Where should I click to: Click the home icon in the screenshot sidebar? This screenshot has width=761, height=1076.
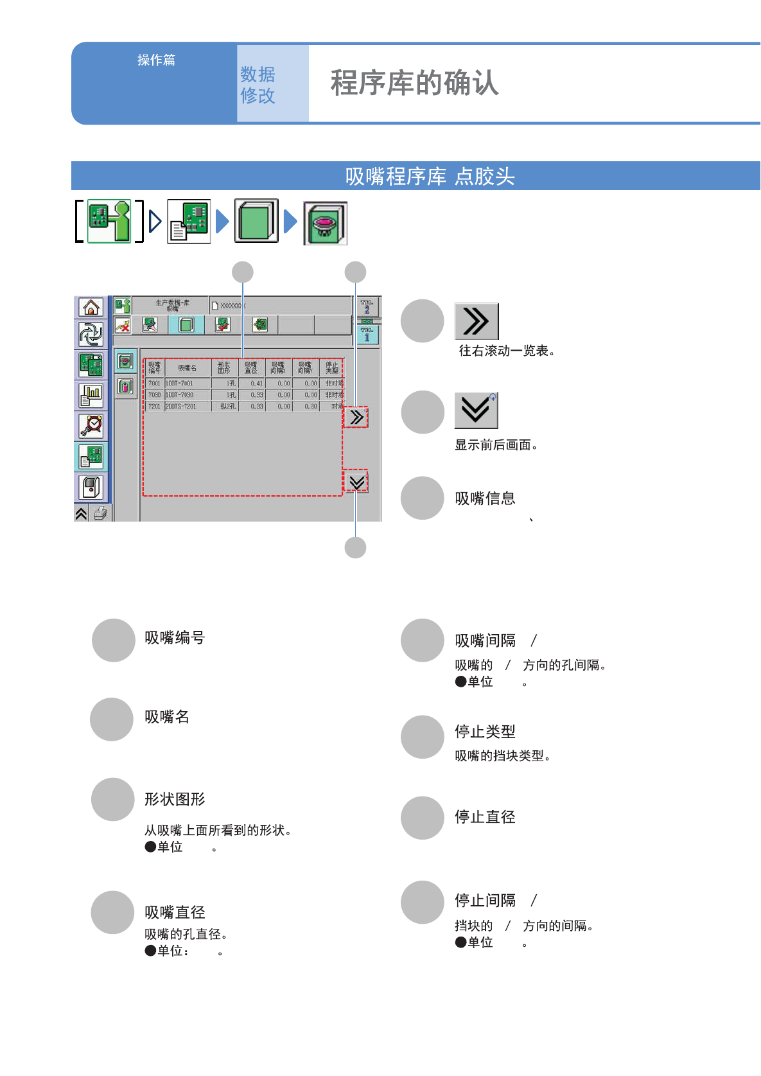(x=91, y=308)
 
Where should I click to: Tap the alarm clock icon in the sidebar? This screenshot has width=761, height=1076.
(x=91, y=426)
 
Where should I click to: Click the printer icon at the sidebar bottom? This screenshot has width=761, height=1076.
(x=101, y=513)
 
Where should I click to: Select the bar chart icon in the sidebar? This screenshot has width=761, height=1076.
(x=91, y=395)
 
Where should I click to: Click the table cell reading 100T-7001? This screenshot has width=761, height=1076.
(x=187, y=384)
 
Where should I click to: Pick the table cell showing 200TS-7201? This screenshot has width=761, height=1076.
(x=187, y=407)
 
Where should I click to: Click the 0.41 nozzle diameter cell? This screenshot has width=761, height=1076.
(x=252, y=384)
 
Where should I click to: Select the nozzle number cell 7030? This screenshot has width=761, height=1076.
(x=154, y=395)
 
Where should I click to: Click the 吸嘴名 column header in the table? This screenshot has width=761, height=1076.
(x=187, y=368)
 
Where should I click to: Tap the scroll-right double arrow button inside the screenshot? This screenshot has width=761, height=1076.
(x=356, y=418)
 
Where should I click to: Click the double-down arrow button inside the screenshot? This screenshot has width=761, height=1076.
(x=356, y=482)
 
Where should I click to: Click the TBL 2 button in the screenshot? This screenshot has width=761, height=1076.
(x=367, y=306)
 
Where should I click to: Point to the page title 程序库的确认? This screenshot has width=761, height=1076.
(x=414, y=83)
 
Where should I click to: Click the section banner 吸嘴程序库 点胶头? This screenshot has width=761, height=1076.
(x=430, y=176)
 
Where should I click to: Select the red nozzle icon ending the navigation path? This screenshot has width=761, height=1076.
(x=325, y=223)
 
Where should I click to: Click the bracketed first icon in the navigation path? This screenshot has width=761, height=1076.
(x=109, y=221)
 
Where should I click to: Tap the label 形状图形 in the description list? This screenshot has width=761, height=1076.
(x=175, y=799)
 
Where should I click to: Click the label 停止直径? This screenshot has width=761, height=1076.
(x=485, y=817)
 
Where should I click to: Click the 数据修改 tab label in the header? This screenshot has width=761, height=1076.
(x=258, y=85)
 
